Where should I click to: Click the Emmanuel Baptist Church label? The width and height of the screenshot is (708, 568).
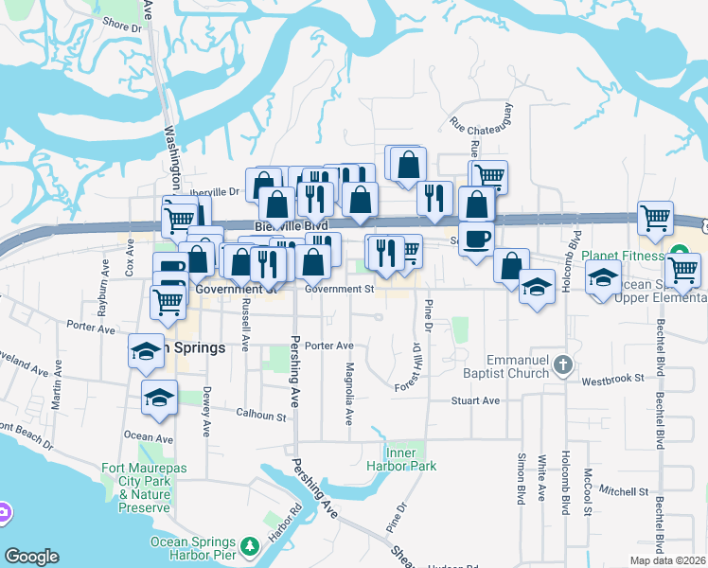(x=517, y=367)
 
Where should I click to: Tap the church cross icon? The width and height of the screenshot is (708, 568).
(x=562, y=364)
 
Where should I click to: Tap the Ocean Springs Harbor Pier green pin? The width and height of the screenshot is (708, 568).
(x=250, y=546)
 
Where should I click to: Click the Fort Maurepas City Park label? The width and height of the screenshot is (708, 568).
(x=137, y=481)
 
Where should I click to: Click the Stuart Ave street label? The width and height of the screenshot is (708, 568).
(x=475, y=401)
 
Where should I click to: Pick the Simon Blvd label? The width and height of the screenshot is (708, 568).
(x=521, y=478)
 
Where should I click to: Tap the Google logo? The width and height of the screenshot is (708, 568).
(x=31, y=557)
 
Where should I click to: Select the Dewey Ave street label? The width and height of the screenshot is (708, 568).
(x=205, y=415)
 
